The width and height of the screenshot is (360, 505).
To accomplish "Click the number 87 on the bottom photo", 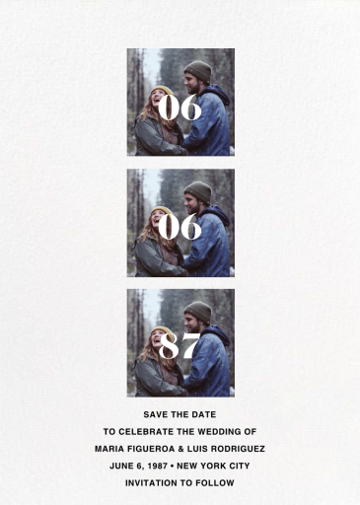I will click(180, 346).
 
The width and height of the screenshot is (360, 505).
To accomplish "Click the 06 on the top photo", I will click(180, 107).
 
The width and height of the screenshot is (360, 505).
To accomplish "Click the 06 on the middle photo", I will click(180, 227).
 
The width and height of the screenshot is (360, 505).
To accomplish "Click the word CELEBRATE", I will click(159, 431).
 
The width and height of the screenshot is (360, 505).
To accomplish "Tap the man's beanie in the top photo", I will click(197, 70).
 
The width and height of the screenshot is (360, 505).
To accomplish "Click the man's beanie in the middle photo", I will click(197, 190).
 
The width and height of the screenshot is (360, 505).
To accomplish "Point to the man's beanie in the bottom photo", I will click(197, 311).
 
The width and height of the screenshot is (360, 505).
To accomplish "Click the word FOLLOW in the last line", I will click(216, 483).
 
